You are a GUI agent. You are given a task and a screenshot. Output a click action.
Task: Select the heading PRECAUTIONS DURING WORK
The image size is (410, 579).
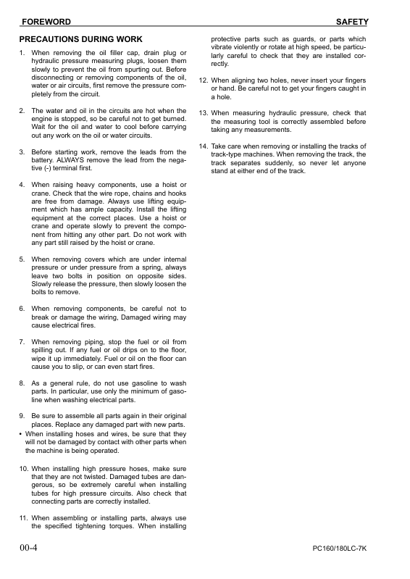pyautogui.click(x=80, y=39)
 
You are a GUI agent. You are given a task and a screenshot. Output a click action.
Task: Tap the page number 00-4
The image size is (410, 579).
pyautogui.click(x=29, y=549)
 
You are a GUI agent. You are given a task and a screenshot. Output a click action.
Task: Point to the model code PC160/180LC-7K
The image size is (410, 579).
pyautogui.click(x=334, y=550)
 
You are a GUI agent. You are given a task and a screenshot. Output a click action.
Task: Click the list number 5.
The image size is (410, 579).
pyautogui.click(x=22, y=259)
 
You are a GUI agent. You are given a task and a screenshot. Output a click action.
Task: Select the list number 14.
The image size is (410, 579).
pyautogui.click(x=204, y=146)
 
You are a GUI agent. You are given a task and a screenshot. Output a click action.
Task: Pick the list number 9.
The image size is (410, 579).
pyautogui.click(x=22, y=415)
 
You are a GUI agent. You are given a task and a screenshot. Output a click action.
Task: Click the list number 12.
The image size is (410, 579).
pyautogui.click(x=204, y=80)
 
